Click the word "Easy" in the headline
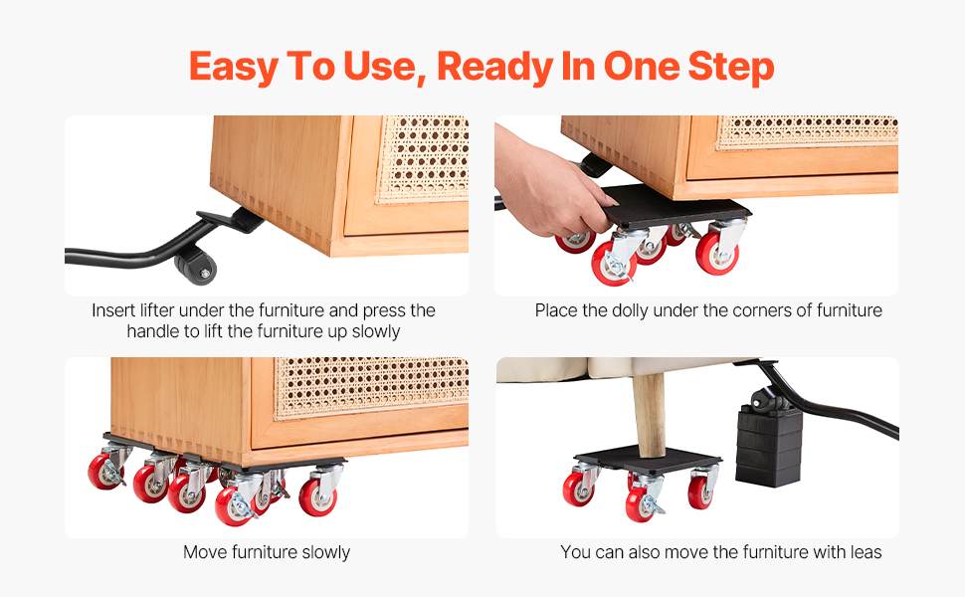(233, 67)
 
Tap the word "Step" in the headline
(731, 67)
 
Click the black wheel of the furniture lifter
(196, 266)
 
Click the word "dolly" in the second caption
(629, 310)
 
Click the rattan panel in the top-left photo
(424, 159)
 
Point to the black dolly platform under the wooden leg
(647, 461)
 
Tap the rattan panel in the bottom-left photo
(370, 386)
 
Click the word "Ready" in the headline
(494, 67)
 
